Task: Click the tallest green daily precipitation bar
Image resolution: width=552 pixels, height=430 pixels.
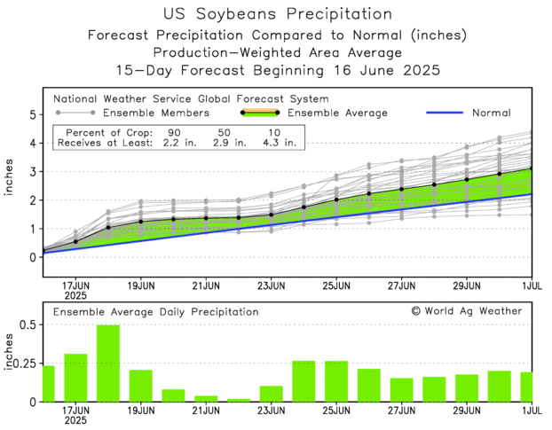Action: (x=108, y=364)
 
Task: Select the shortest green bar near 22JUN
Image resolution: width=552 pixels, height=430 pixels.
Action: (x=239, y=400)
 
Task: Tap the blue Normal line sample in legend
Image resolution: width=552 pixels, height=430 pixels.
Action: (x=453, y=113)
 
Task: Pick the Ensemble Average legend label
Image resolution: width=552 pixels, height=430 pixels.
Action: (x=338, y=113)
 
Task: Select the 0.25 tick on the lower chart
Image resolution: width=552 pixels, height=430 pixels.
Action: (x=25, y=364)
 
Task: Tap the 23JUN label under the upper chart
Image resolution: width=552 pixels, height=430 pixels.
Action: (x=271, y=285)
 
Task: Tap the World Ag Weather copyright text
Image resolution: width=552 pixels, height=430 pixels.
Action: (x=467, y=311)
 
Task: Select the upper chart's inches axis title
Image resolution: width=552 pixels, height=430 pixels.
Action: (x=10, y=184)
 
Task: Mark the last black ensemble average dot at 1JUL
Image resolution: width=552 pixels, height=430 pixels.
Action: (x=532, y=168)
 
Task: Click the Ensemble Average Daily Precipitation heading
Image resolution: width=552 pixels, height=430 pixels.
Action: (x=156, y=312)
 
